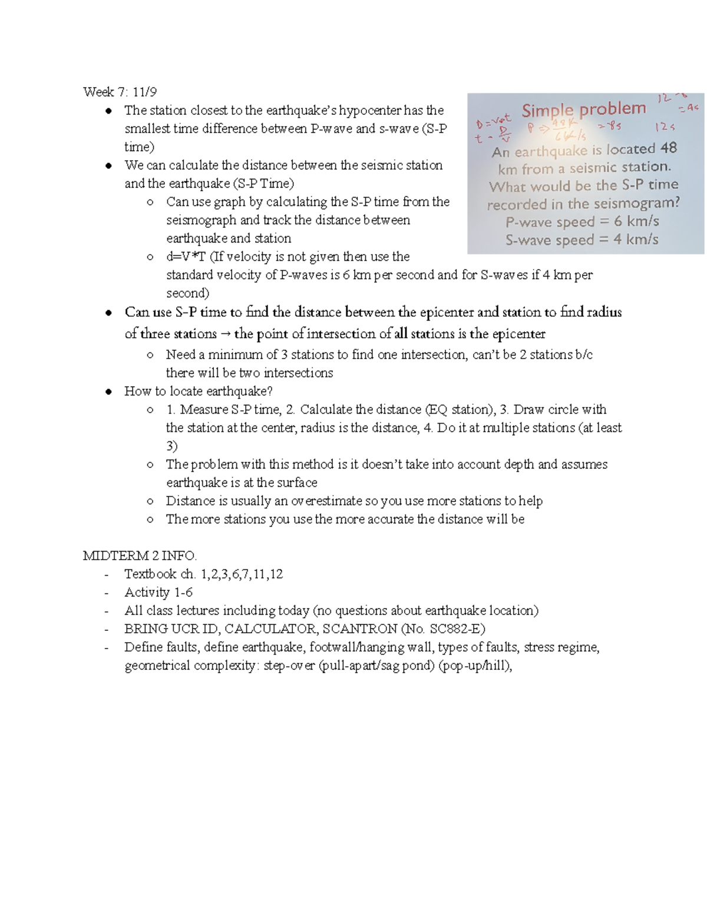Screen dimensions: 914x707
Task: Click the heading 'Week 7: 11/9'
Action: click(x=120, y=92)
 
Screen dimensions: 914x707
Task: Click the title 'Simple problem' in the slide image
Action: click(x=583, y=109)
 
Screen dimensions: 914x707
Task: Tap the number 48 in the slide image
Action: click(x=668, y=148)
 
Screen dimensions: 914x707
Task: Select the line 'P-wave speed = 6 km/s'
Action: click(x=582, y=222)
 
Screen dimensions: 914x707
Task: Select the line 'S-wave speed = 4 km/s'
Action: click(x=582, y=240)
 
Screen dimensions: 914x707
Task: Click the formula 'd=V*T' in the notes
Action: click(x=186, y=257)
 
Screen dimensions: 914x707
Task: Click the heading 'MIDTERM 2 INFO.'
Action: click(x=140, y=556)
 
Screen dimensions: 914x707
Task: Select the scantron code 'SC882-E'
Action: click(x=455, y=629)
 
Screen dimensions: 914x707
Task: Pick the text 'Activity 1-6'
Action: click(x=158, y=592)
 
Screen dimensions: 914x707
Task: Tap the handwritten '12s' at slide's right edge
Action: click(x=665, y=127)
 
